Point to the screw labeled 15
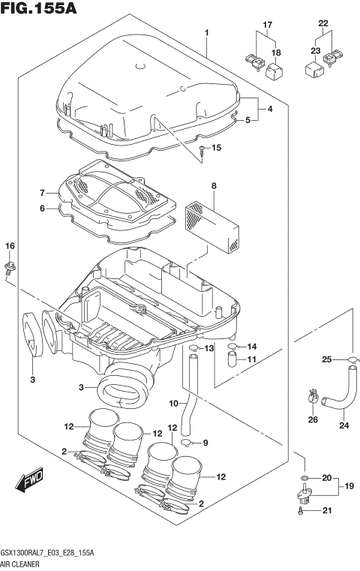[203, 150]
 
